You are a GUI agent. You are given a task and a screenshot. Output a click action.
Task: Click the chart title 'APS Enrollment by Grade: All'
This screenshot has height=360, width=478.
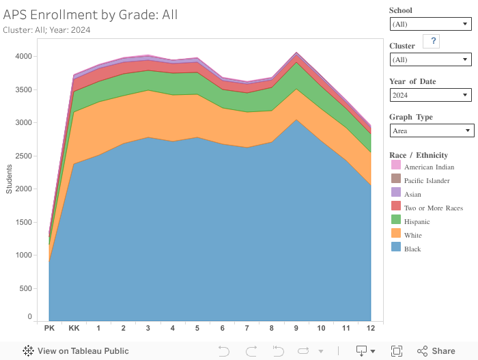(x=90, y=14)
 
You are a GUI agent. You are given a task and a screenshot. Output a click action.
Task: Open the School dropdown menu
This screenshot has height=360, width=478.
(x=430, y=24)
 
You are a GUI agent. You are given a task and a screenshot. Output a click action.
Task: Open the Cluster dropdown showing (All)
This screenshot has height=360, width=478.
(x=430, y=59)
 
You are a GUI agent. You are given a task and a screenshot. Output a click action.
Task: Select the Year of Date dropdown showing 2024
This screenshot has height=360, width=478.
(x=430, y=95)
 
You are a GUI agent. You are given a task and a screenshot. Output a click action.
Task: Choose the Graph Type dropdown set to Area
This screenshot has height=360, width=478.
(x=432, y=130)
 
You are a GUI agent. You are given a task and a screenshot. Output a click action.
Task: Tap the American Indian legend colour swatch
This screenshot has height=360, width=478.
(x=396, y=167)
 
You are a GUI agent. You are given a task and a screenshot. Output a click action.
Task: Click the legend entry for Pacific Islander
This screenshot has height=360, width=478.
(x=426, y=180)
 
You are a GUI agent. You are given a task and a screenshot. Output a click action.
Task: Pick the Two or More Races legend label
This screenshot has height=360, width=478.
(x=433, y=208)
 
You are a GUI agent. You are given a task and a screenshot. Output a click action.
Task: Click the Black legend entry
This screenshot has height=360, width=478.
(x=412, y=249)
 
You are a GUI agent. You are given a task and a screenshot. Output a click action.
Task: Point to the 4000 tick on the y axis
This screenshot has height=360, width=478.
(x=23, y=56)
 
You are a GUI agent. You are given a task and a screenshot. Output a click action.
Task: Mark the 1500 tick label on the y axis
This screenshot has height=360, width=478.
(x=23, y=222)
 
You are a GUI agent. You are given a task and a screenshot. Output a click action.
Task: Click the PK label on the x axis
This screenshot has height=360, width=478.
(x=49, y=329)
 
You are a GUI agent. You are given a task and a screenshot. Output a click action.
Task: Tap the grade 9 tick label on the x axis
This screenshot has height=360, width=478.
(x=296, y=329)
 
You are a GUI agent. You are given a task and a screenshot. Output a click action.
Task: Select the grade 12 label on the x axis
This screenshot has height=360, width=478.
(x=370, y=329)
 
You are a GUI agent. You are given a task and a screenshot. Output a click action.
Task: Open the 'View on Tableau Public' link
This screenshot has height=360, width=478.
(x=76, y=351)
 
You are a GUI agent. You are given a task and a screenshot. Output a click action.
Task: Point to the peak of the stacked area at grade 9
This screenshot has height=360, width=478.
(x=296, y=52)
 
